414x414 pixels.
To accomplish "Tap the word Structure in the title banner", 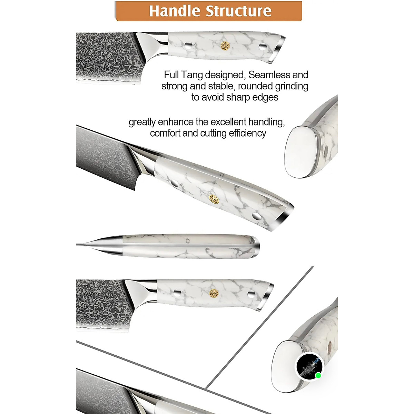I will (239, 11).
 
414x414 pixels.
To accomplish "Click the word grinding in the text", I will (292, 86).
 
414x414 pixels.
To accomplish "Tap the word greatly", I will (142, 122).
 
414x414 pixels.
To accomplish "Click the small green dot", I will (318, 375).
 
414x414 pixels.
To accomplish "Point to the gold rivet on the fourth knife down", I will (214, 293).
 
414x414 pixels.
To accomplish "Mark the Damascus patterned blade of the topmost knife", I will (103, 57).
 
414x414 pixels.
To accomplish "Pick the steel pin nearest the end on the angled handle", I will (256, 217).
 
